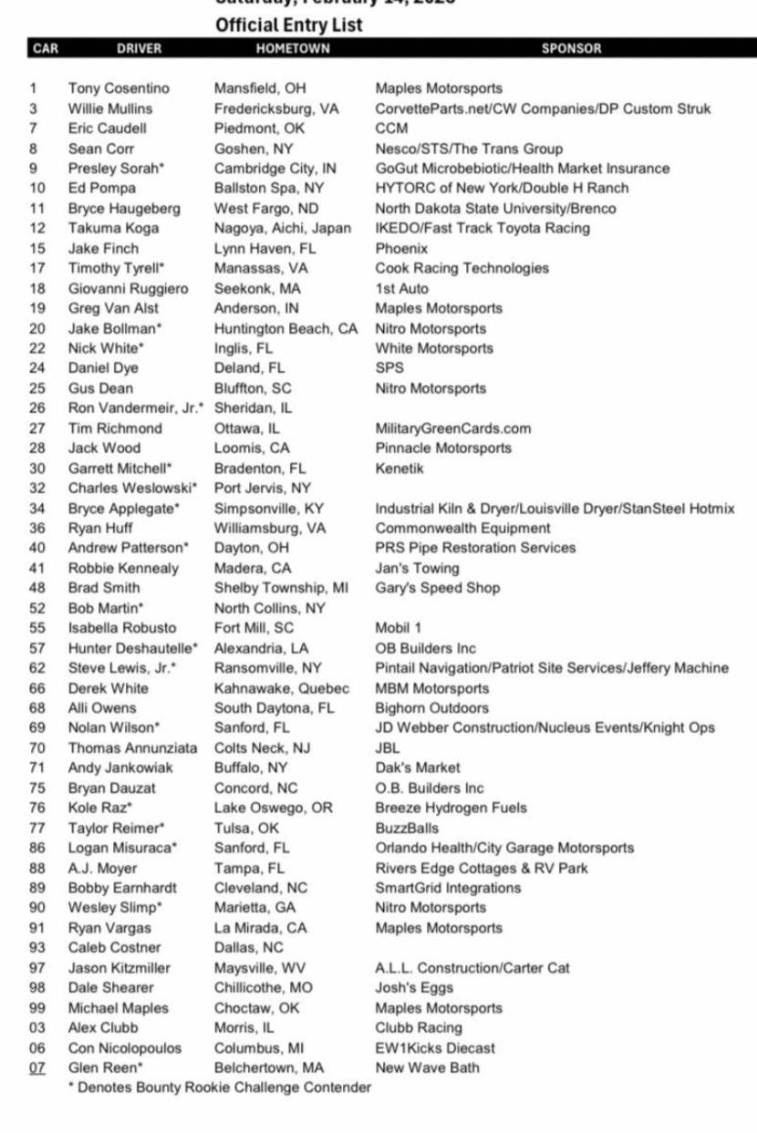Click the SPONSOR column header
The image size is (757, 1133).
[571, 48]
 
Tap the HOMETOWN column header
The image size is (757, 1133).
[293, 48]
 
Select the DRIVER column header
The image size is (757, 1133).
[139, 48]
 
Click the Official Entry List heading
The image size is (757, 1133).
[288, 26]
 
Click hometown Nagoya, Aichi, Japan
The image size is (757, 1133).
[282, 228]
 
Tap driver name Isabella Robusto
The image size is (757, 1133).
[122, 628]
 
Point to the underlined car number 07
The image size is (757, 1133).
[38, 1067]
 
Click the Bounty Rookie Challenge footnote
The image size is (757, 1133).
[219, 1087]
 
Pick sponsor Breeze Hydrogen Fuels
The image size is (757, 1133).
[451, 808]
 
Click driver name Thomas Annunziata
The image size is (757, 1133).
[132, 748]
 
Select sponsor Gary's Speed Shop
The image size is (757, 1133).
[437, 588]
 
